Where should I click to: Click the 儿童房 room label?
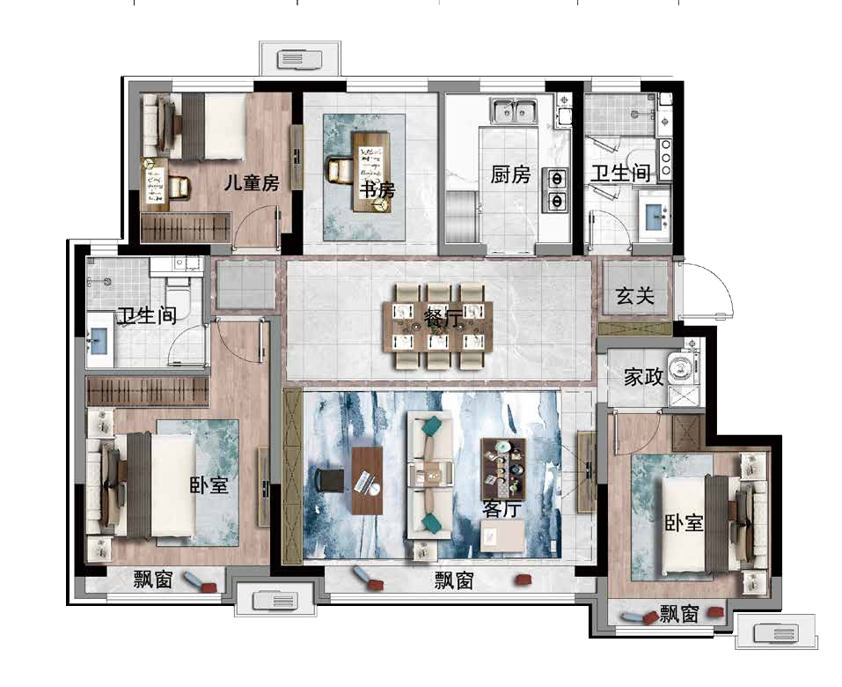[x=252, y=183]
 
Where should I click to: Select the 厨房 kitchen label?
[x=509, y=174]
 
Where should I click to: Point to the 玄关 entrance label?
[x=634, y=296]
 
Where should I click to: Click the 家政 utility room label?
[x=643, y=377]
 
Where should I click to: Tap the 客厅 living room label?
[x=501, y=508]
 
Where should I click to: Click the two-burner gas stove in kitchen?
[x=556, y=189]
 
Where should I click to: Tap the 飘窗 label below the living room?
[x=454, y=580]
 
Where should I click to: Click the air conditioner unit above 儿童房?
[x=300, y=59]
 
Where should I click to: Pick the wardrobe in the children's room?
[x=186, y=227]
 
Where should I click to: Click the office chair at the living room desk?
[x=330, y=480]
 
